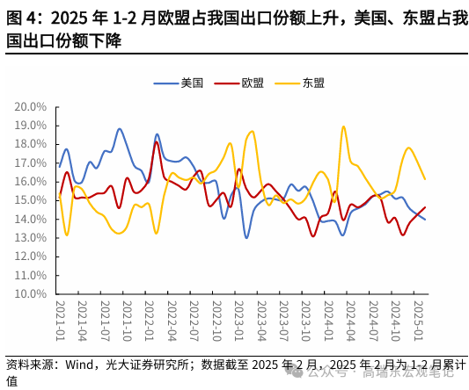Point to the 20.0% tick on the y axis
point(30,106)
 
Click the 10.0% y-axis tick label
point(30,294)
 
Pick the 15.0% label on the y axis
point(30,200)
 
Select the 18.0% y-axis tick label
point(30,144)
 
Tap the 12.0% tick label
point(30,256)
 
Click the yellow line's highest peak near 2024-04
point(343,126)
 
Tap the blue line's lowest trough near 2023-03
point(246,237)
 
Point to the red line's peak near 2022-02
point(157,141)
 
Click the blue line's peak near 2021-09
point(120,129)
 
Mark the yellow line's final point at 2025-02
point(425,179)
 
